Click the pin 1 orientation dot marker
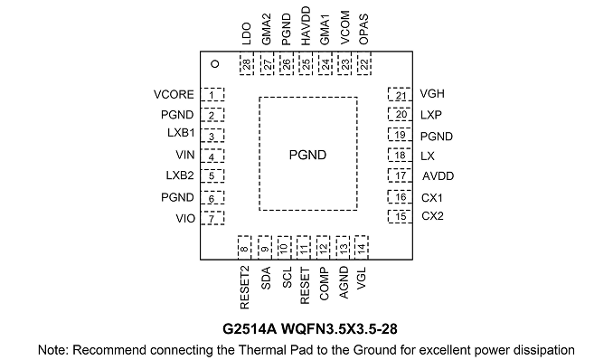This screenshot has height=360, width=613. click(x=214, y=64)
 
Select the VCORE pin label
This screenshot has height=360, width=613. click(x=174, y=95)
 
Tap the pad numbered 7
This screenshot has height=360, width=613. click(x=212, y=218)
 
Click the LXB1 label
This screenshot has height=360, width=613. click(x=181, y=133)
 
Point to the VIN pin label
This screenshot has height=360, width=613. click(x=185, y=155)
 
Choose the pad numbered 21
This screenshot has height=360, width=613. click(x=400, y=95)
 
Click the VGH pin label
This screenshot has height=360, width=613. click(x=432, y=94)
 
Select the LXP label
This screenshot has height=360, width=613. click(x=431, y=115)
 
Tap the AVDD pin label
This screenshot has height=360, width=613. click(x=438, y=176)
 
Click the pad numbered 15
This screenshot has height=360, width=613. click(x=400, y=216)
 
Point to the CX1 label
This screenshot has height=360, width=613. click(x=432, y=198)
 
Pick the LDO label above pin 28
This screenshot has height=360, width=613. click(x=246, y=33)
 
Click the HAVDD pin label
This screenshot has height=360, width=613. click(x=306, y=26)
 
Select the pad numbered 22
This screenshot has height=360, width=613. click(x=364, y=63)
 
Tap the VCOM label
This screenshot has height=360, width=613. click(x=344, y=28)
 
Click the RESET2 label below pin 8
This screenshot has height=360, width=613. click(x=244, y=288)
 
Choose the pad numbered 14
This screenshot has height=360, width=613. click(x=362, y=247)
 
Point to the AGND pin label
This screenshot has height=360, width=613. click(x=344, y=282)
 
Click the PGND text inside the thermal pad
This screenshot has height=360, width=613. click(x=307, y=155)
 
